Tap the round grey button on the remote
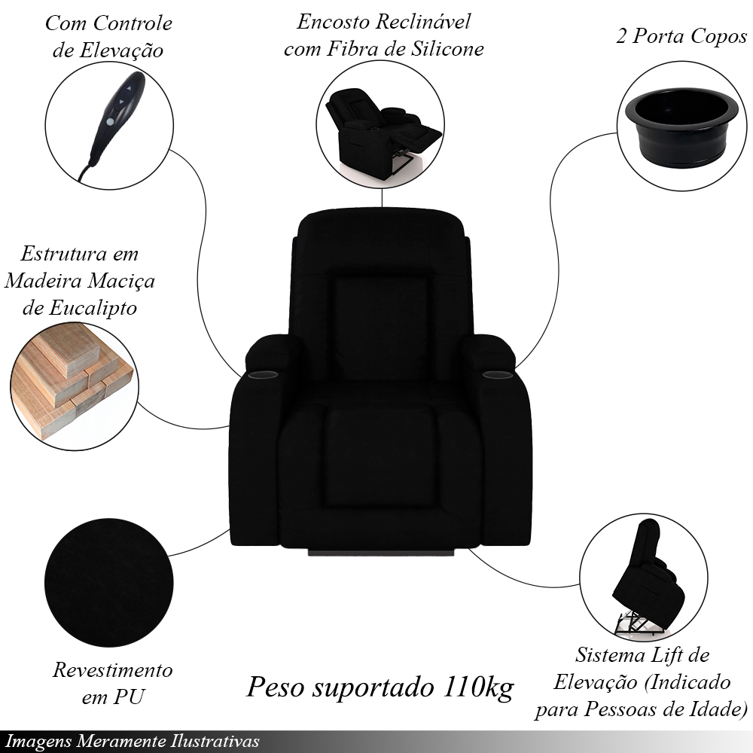coord(111,122)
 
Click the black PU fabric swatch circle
coord(109,583)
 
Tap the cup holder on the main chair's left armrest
coord(263,373)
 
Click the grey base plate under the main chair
coord(381,552)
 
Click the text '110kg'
coord(478,687)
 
